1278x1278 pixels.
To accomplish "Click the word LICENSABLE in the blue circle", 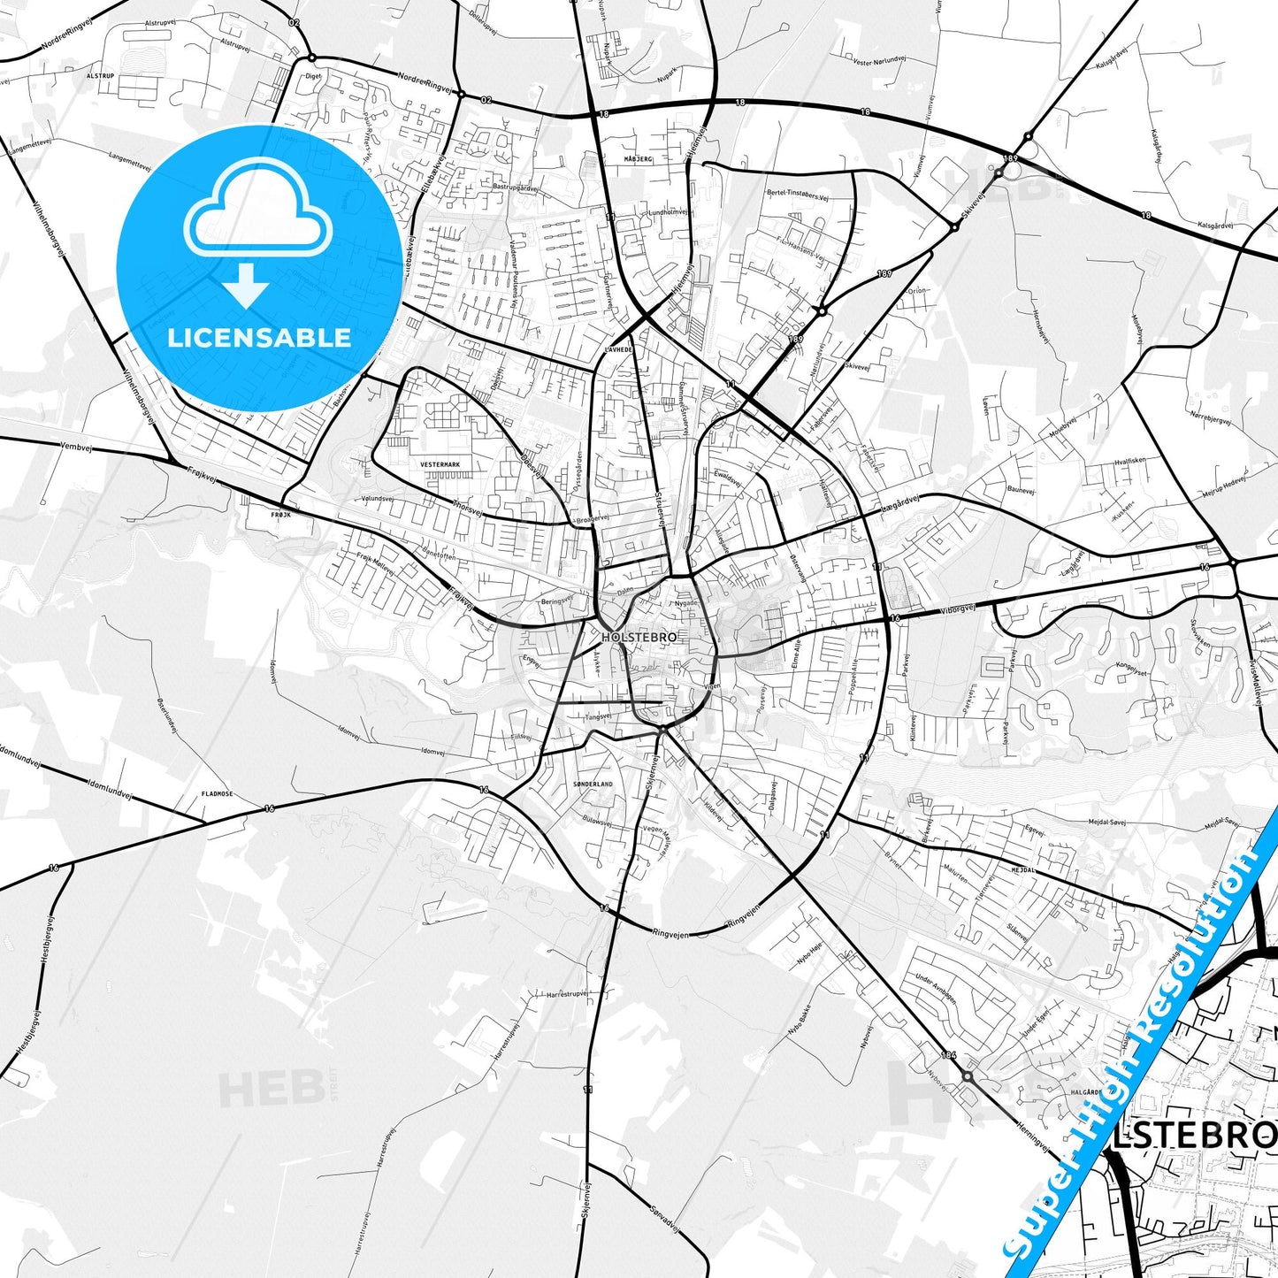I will click(x=259, y=337).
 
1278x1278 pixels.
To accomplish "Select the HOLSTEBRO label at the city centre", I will click(x=639, y=637).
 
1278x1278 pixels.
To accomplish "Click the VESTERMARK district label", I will click(x=440, y=464).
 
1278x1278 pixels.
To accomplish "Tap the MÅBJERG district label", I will click(x=637, y=159).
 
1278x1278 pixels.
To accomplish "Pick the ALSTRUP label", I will click(x=101, y=77).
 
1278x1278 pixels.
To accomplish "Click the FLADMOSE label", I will click(x=217, y=794).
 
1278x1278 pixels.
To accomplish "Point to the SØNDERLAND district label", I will click(x=593, y=784).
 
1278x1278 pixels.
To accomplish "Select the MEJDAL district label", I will click(x=1023, y=870).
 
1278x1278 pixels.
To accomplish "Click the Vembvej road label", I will click(x=77, y=448).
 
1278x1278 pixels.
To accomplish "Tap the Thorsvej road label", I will click(x=468, y=509).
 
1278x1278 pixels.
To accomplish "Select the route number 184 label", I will click(x=949, y=1054).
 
